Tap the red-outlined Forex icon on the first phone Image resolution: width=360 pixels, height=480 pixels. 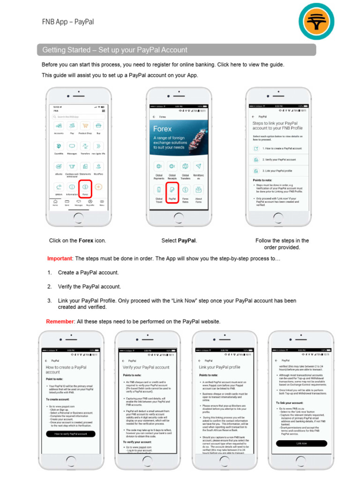point(85,187)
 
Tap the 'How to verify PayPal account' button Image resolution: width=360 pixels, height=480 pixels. point(70,434)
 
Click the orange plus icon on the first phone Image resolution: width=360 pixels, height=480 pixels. point(98,187)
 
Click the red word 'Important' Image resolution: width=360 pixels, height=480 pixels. point(60,259)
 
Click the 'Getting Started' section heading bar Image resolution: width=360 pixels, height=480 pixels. point(176,50)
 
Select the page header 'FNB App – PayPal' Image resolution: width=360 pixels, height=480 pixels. point(68,22)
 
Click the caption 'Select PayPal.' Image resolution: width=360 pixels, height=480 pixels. point(179,241)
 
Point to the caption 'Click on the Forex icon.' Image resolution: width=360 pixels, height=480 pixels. point(78,241)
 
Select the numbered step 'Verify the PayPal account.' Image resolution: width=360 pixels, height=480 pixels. point(89,286)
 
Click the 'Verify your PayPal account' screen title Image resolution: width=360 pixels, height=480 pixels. point(146,367)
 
